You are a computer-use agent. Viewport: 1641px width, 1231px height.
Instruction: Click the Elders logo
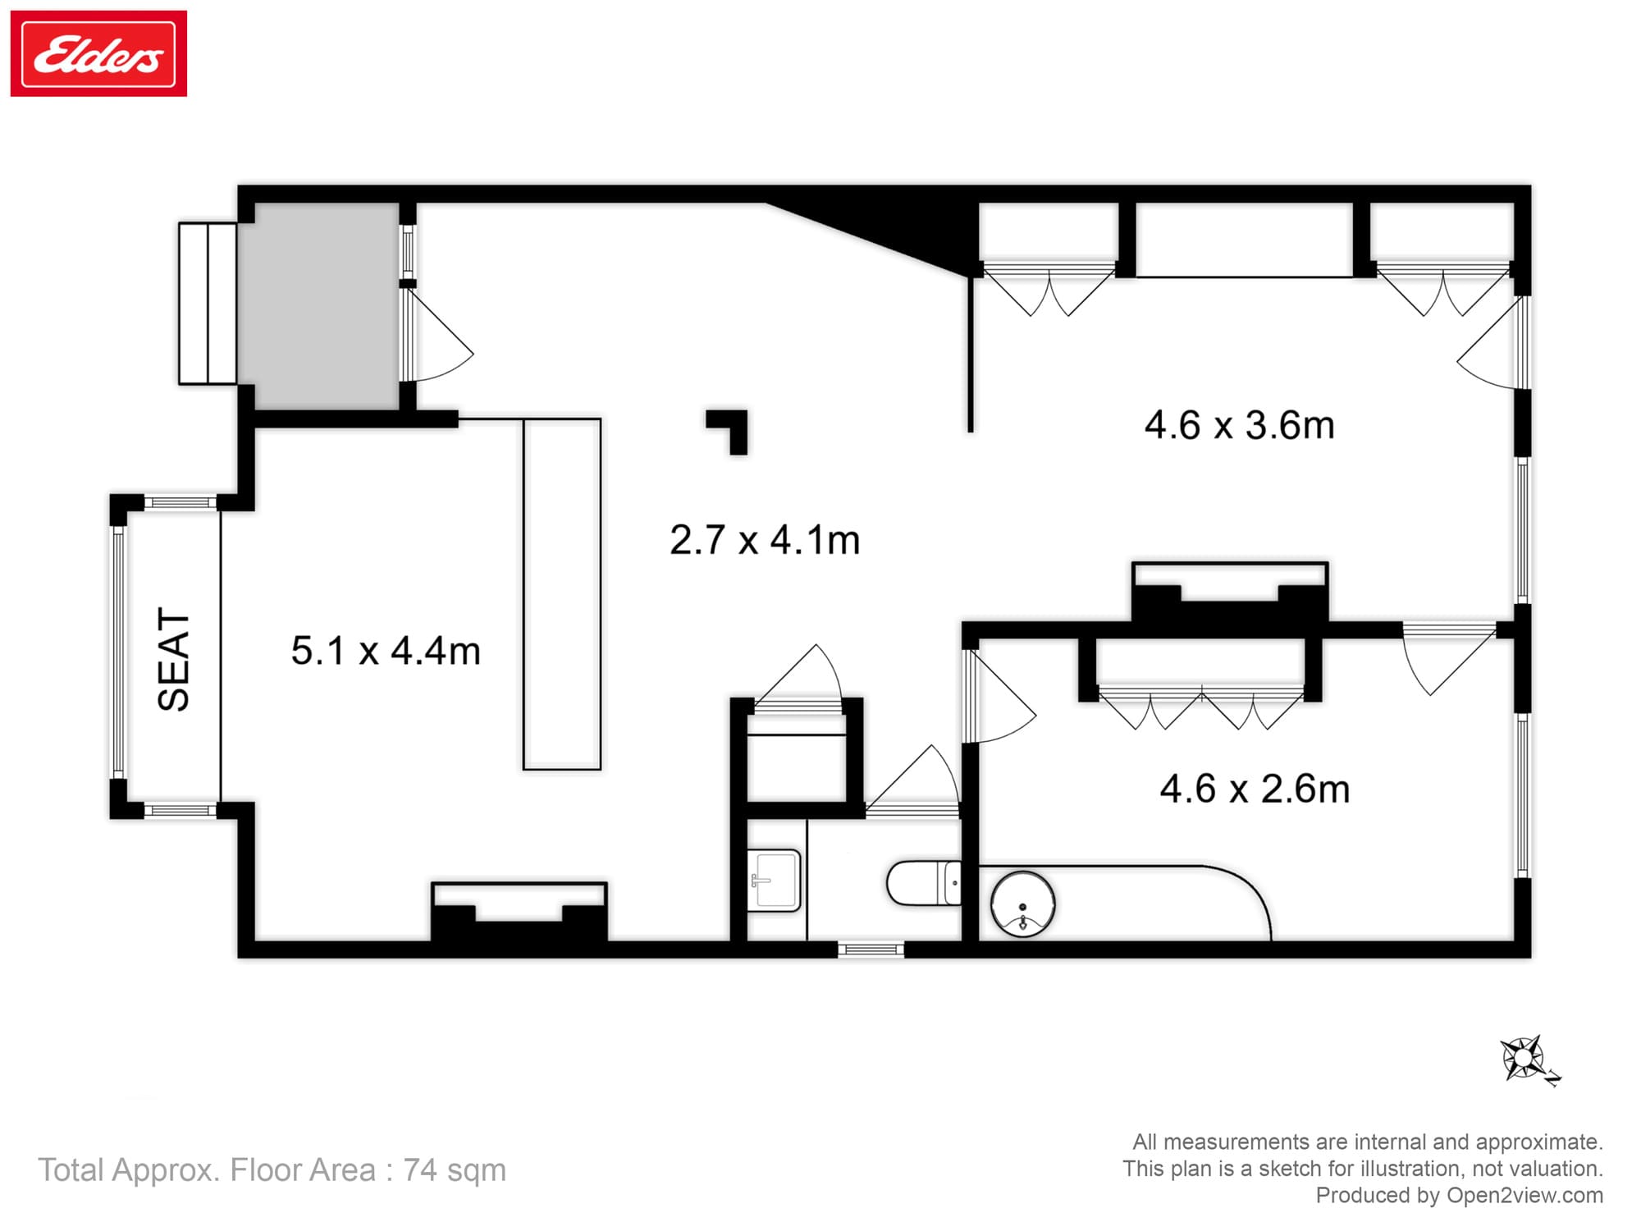(98, 54)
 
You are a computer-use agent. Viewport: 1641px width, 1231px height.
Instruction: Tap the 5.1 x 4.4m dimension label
(386, 651)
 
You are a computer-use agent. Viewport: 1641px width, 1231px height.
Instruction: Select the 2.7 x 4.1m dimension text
(765, 540)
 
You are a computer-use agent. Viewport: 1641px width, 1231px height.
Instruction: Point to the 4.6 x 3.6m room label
(1239, 425)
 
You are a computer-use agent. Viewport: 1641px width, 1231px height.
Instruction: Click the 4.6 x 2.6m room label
(1255, 789)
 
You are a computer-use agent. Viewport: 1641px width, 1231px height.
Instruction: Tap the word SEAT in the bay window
(174, 658)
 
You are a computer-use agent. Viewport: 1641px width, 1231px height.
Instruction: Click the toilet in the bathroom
(926, 882)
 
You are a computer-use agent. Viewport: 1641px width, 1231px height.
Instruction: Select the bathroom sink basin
(773, 881)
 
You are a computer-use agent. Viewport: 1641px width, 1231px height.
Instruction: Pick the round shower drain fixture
(1022, 904)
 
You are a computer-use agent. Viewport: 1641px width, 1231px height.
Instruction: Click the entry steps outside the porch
(208, 303)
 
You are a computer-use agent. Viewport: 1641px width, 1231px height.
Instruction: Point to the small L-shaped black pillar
(730, 428)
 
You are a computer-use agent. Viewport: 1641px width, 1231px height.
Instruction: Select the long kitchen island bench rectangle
(562, 594)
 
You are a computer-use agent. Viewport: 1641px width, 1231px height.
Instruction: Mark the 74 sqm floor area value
(454, 1169)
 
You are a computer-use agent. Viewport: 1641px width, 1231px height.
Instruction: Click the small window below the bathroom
(871, 950)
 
